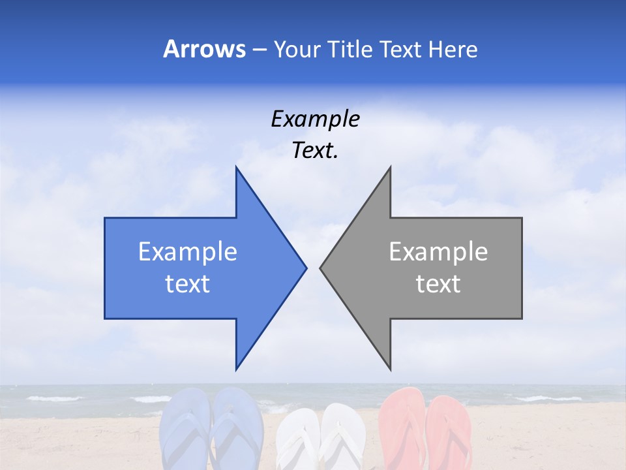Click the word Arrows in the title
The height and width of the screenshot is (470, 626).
pyautogui.click(x=204, y=49)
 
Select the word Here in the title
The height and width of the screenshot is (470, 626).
pyautogui.click(x=453, y=49)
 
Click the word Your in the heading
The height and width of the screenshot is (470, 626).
pyautogui.click(x=297, y=50)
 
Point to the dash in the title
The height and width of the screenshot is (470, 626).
pyautogui.click(x=259, y=50)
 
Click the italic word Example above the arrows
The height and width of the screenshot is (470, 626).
pyautogui.click(x=315, y=119)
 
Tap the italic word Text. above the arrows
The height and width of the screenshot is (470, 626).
pyautogui.click(x=315, y=151)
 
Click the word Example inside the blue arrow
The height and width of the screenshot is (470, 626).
pyautogui.click(x=188, y=252)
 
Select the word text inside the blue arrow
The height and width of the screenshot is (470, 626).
pyautogui.click(x=188, y=284)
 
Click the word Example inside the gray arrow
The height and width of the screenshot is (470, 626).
pyautogui.click(x=438, y=252)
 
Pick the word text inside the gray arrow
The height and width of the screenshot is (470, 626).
pyautogui.click(x=438, y=284)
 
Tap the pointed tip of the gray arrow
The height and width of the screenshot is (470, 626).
pyautogui.click(x=321, y=268)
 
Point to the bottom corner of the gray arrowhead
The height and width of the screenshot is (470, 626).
pyautogui.click(x=389, y=368)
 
